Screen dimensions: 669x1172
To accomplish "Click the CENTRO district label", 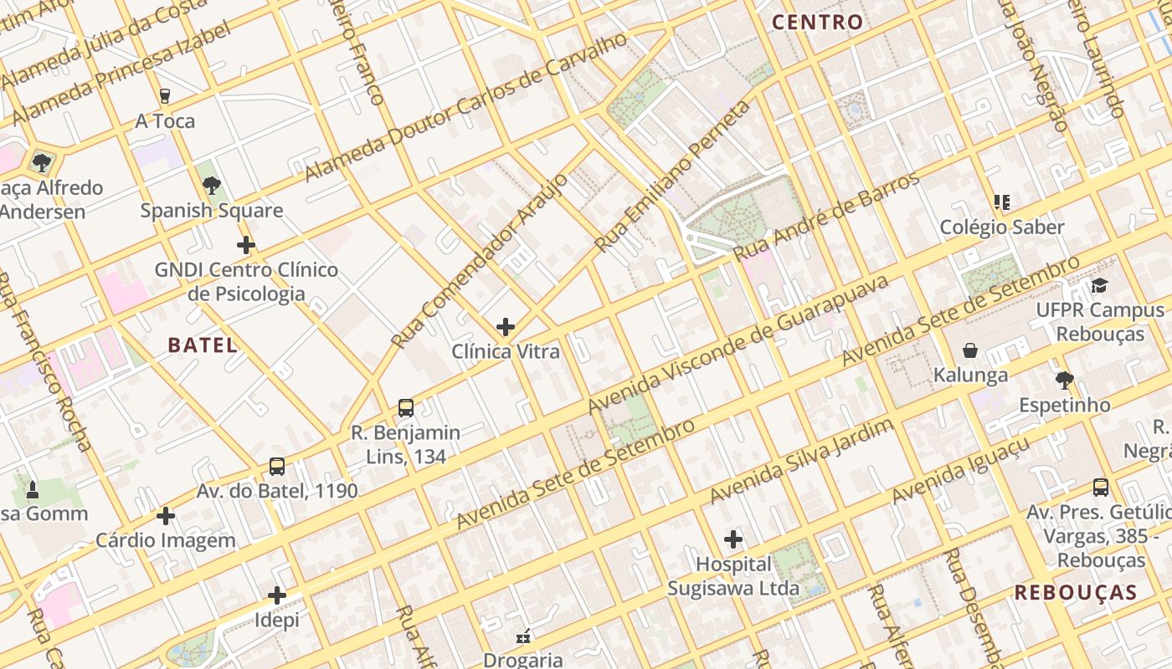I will (x=817, y=23).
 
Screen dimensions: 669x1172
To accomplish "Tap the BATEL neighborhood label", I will (x=203, y=345).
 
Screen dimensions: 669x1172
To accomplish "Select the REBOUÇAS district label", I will (x=1076, y=593).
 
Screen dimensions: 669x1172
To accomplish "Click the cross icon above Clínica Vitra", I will (x=506, y=327).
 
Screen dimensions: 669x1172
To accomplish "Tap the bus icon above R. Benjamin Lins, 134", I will (x=406, y=408).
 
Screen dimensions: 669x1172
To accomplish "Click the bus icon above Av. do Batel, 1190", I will (x=277, y=467).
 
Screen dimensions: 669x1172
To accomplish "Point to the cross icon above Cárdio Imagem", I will (x=166, y=516).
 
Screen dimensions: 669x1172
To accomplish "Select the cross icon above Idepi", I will (x=277, y=595).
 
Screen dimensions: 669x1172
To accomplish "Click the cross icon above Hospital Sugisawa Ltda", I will (x=733, y=539).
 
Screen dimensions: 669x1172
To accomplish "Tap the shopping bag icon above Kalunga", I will (x=970, y=350).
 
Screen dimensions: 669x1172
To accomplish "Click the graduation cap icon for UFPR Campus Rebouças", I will (x=1099, y=286).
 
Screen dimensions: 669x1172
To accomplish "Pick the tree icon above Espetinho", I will (x=1064, y=380).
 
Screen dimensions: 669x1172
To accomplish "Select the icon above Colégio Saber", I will (x=1001, y=202).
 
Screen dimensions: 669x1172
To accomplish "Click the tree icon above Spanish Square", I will (x=212, y=186).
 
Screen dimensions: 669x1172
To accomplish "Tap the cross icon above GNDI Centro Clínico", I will (x=246, y=245).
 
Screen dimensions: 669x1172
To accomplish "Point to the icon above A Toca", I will (x=165, y=96).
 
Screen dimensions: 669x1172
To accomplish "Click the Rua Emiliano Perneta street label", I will (x=673, y=176).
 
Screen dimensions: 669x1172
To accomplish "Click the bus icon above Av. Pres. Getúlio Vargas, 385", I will (x=1101, y=487).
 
